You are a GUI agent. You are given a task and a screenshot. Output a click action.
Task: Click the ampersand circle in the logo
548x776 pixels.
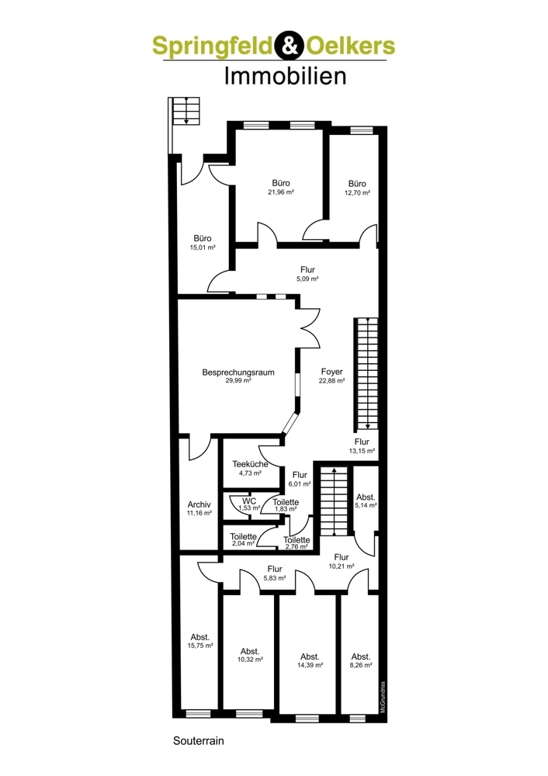[288, 47]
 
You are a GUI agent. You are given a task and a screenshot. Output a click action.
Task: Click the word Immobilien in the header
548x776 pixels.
[274, 76]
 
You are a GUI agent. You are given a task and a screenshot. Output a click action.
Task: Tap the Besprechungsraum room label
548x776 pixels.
[238, 372]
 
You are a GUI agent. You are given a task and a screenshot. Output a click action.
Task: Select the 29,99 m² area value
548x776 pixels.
[238, 381]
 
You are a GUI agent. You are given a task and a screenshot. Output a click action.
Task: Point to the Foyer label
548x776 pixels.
[331, 372]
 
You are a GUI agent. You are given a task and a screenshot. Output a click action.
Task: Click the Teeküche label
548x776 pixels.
[250, 464]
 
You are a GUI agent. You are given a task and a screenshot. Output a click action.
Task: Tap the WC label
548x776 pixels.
[248, 501]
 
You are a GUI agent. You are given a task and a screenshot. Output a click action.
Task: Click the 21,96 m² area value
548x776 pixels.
[280, 192]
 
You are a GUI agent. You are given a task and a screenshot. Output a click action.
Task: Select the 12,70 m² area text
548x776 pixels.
[357, 192]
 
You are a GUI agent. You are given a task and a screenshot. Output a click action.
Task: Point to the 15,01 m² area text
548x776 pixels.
[202, 248]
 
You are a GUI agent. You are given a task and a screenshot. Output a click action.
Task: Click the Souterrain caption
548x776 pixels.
[199, 741]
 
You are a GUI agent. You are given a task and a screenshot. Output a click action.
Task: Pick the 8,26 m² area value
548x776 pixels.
[360, 665]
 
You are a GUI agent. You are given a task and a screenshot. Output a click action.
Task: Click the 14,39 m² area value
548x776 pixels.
[310, 665]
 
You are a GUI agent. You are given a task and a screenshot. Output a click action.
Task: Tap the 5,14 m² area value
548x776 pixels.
[366, 505]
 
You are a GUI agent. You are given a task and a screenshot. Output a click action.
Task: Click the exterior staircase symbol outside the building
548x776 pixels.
[186, 111]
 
